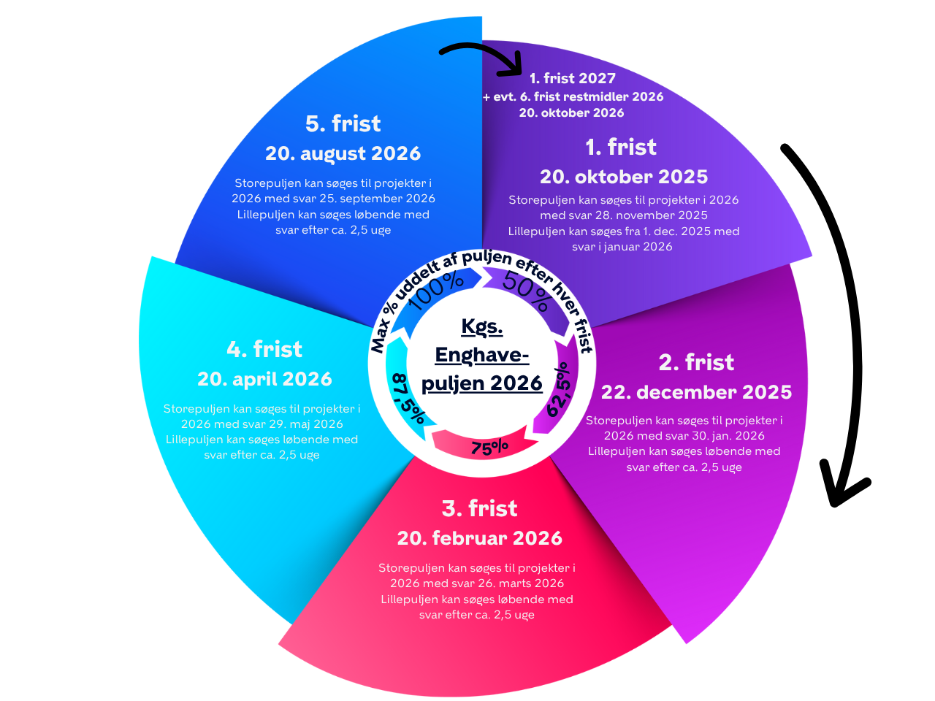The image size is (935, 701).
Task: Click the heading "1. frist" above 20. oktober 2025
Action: coord(621,148)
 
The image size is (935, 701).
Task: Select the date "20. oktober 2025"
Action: coord(624,177)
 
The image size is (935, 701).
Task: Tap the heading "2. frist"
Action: coord(696,363)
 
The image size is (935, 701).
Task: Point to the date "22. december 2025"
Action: coord(696,392)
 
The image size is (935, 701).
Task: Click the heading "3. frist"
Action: coord(479,508)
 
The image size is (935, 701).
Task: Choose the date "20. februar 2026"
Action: coord(480,538)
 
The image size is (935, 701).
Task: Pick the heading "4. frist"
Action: coord(264,349)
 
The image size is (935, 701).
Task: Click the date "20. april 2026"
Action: coord(264,379)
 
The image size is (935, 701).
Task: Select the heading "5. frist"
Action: coord(343,123)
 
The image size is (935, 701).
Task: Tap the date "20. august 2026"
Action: coord(343,153)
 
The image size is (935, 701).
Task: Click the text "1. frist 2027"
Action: coord(573,78)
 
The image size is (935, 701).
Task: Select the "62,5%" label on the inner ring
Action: coord(559,389)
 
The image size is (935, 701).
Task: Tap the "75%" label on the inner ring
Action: coord(489,448)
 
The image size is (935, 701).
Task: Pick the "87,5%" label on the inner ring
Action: coord(408,399)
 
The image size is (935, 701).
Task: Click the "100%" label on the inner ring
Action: coord(436,289)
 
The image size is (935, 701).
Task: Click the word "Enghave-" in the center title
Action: coord(481,356)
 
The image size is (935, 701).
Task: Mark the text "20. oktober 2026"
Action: coord(571,112)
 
